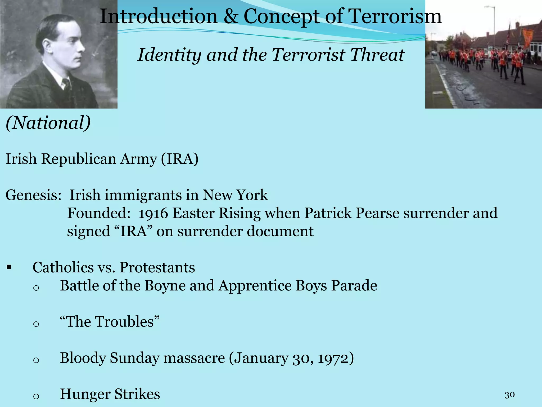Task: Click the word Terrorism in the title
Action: click(x=394, y=16)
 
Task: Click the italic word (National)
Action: click(x=48, y=123)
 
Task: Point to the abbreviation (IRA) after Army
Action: click(x=179, y=159)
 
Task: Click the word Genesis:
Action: click(x=33, y=195)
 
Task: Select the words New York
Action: click(x=235, y=195)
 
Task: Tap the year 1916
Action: click(x=153, y=213)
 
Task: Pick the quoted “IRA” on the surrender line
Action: click(x=134, y=231)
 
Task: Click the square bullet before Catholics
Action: click(x=9, y=267)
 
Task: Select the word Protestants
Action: click(x=157, y=267)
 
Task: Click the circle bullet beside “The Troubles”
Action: click(x=36, y=324)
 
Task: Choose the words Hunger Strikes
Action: click(x=110, y=394)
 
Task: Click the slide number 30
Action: click(x=509, y=395)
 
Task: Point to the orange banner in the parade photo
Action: click(x=527, y=37)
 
